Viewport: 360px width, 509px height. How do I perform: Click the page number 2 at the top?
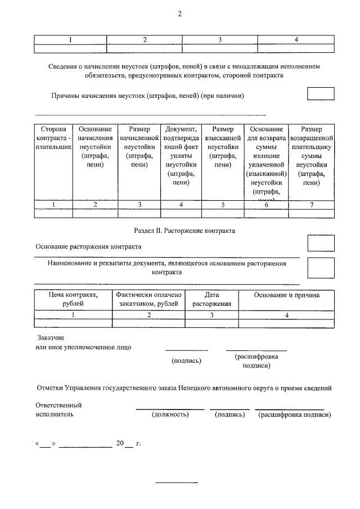(x=180, y=13)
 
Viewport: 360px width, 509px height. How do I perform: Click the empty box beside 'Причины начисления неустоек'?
(x=321, y=94)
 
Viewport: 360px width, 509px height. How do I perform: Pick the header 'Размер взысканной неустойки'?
(x=223, y=147)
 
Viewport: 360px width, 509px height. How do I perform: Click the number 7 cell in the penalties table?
(x=311, y=205)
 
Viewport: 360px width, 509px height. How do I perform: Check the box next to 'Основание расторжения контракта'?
(x=321, y=243)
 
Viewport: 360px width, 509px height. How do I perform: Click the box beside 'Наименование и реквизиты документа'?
(x=321, y=267)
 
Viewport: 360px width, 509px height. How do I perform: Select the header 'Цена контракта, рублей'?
(x=73, y=299)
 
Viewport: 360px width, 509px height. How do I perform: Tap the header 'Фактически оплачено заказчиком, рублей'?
(x=149, y=299)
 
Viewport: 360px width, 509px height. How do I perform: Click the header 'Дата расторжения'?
(x=212, y=299)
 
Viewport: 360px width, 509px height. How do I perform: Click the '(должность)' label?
(x=170, y=415)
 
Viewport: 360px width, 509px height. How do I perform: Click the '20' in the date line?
(x=119, y=443)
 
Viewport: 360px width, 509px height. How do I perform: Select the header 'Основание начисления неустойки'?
(x=96, y=147)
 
